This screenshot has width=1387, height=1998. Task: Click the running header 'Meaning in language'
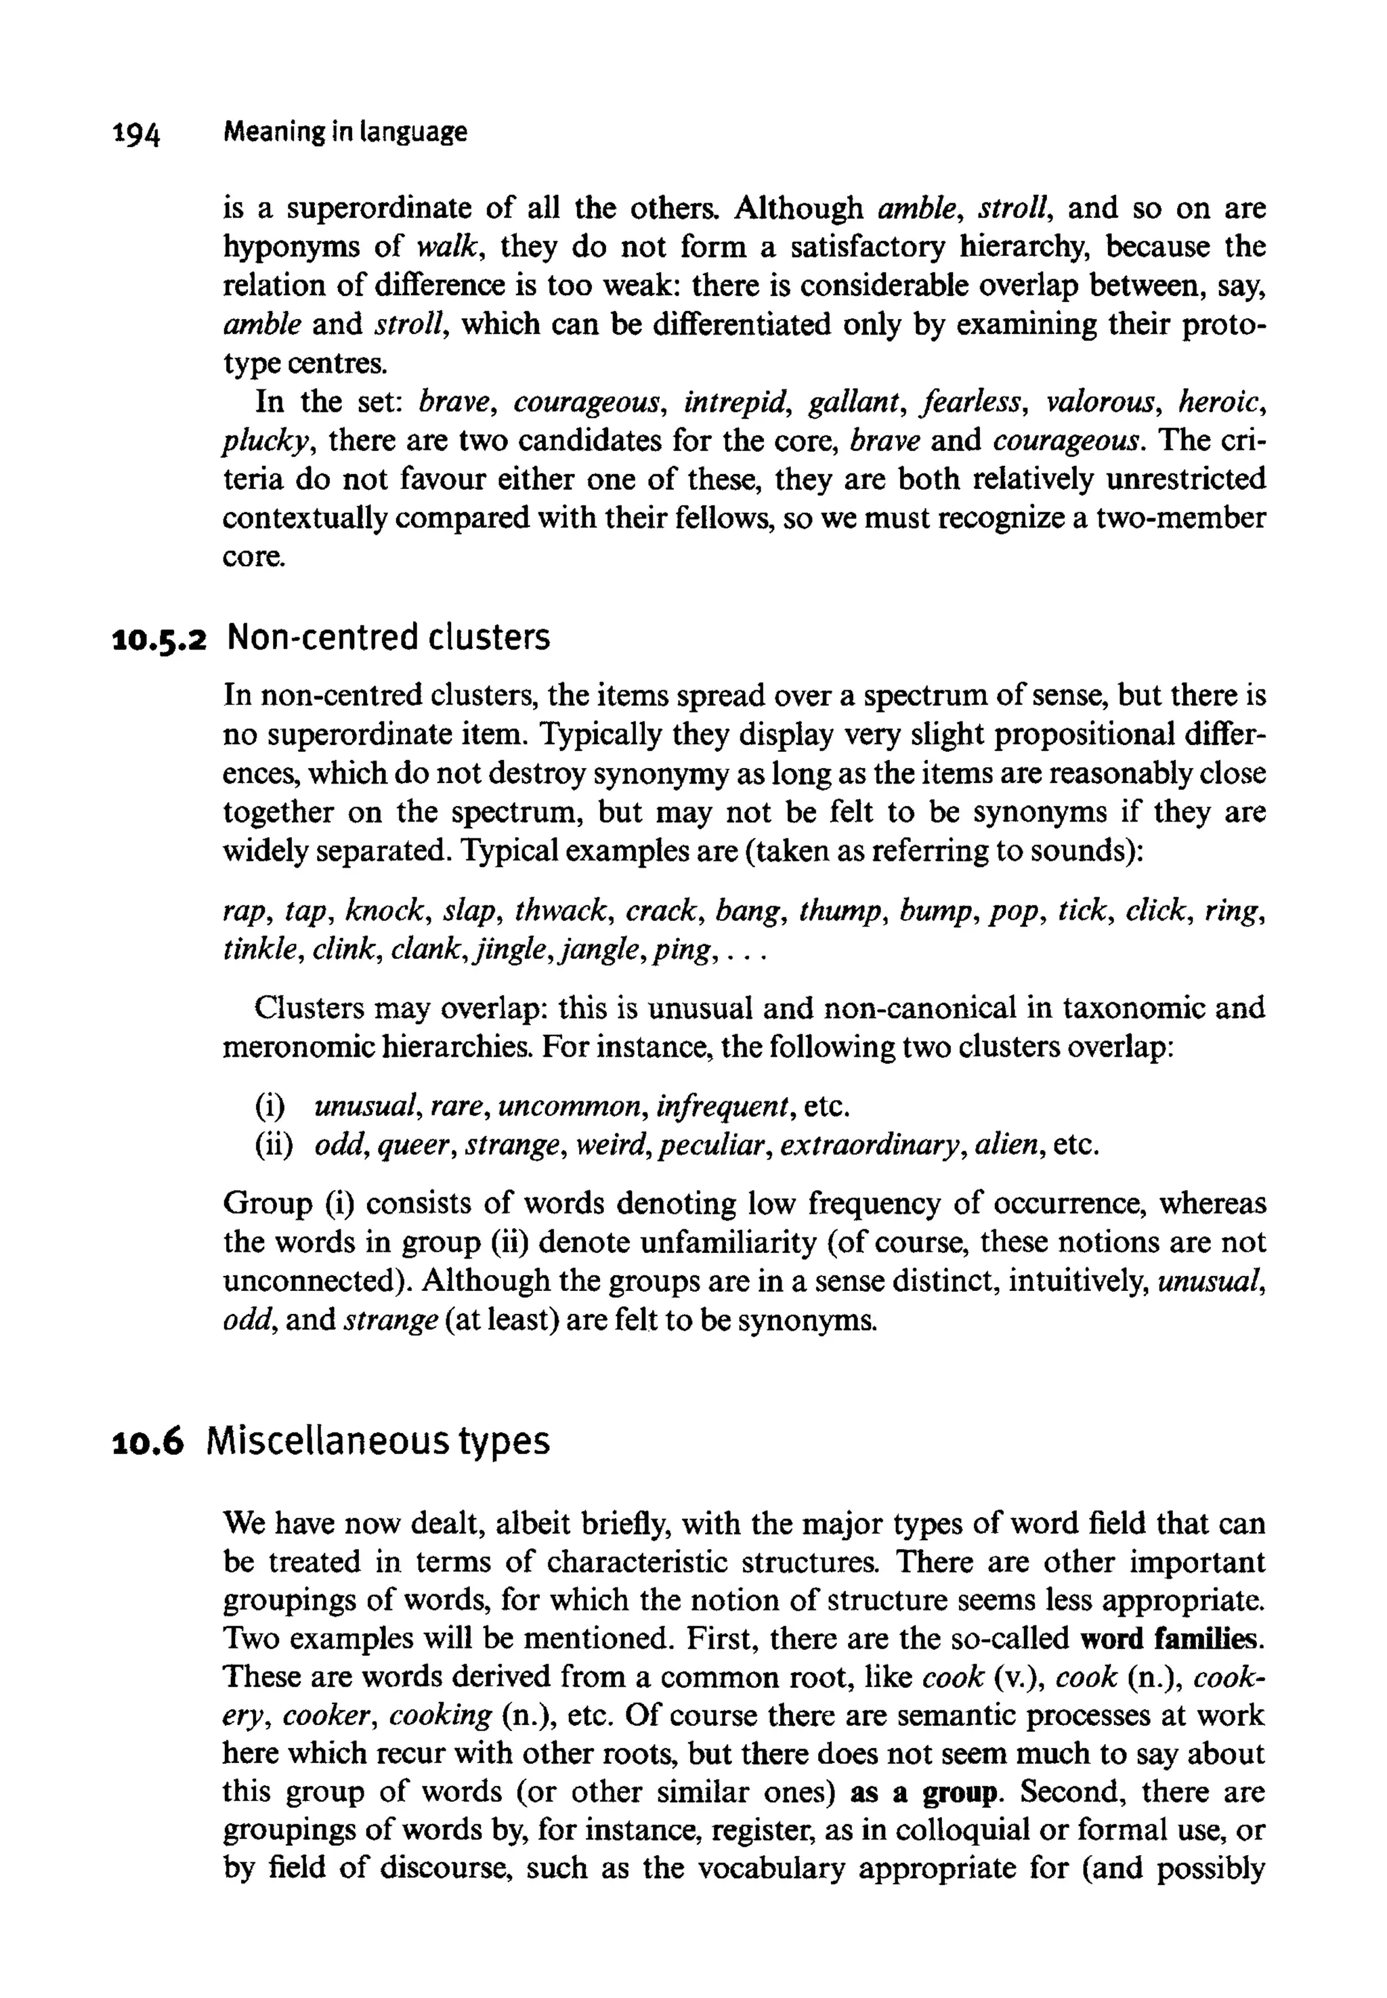pos(345,132)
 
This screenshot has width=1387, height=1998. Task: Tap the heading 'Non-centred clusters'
pos(387,638)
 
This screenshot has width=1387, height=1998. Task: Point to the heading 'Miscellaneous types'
pos(379,1441)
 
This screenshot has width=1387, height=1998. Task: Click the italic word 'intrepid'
pos(734,403)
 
